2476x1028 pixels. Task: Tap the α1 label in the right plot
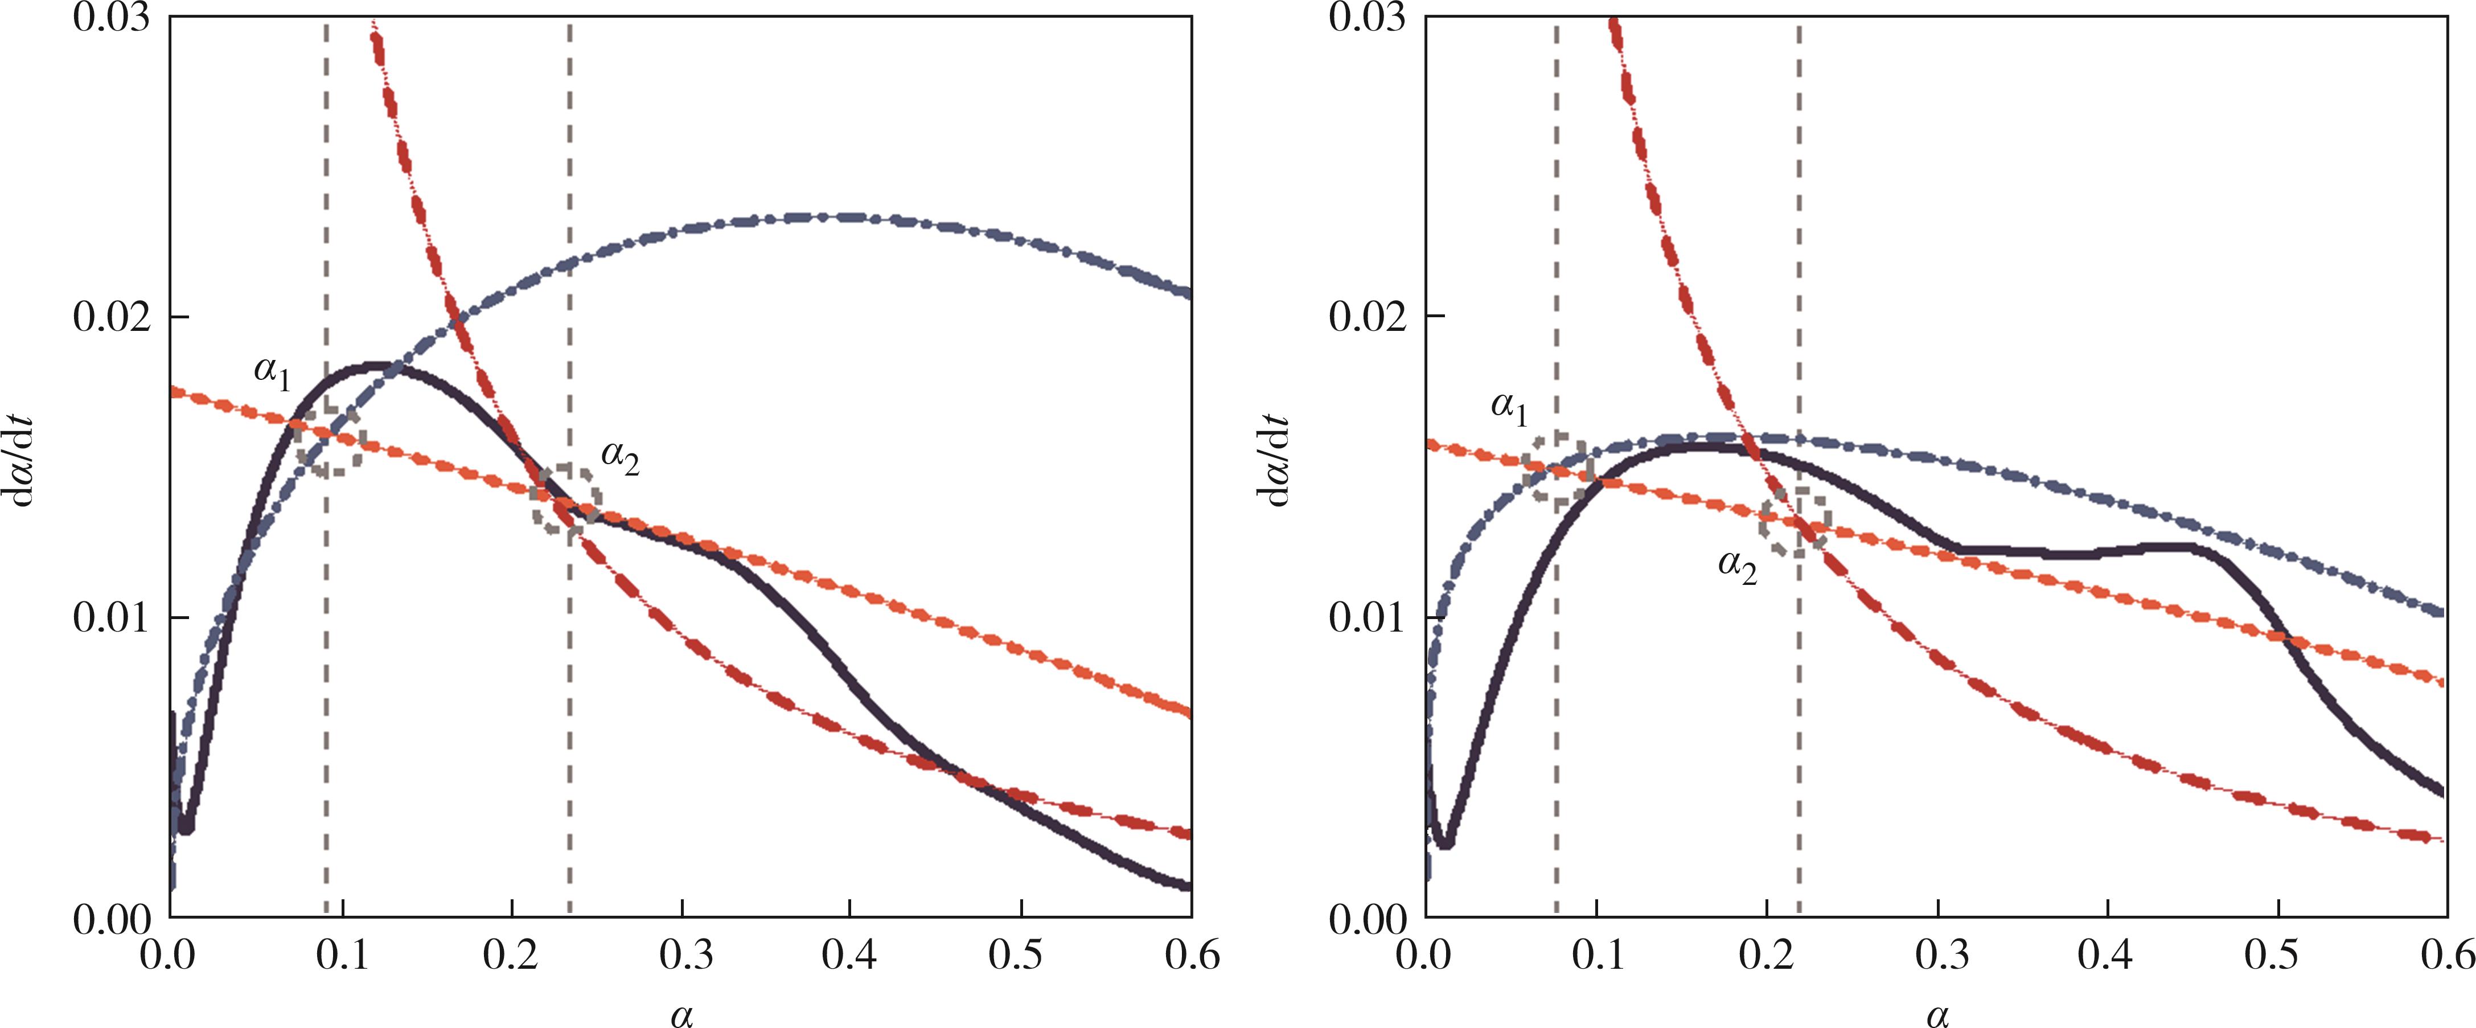click(x=1509, y=409)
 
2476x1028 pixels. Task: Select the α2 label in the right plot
click(x=1738, y=567)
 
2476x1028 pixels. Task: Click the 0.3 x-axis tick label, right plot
click(x=1939, y=957)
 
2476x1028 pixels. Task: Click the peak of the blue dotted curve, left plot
click(x=827, y=216)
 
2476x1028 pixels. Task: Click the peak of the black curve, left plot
click(x=375, y=366)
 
